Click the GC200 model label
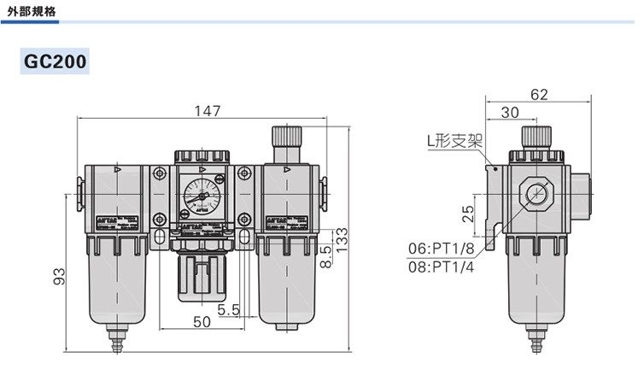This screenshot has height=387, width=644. pos(56,62)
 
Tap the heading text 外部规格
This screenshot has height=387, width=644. pos(32,11)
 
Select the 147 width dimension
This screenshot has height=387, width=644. pos(207,111)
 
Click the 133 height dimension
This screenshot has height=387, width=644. pos(342,239)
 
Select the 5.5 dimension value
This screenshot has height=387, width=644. pos(228,309)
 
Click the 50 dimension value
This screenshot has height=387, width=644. pos(202,322)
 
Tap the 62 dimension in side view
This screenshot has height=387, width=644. pos(539,95)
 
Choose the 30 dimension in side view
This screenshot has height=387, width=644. pos(510,112)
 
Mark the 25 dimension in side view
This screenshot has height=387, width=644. pos(468,214)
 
